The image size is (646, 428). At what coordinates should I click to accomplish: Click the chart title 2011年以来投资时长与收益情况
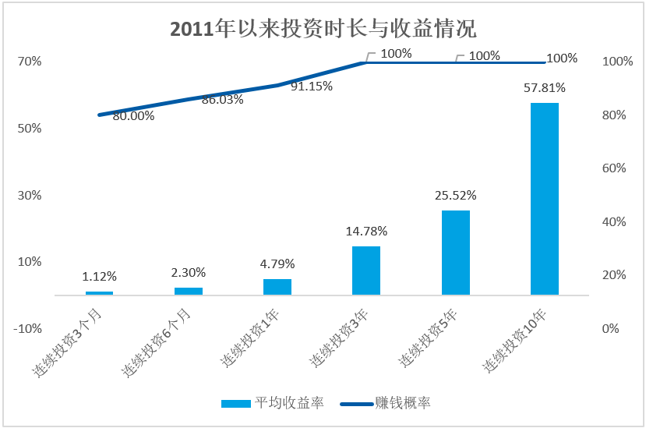323,29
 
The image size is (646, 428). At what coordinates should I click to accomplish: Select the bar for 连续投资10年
544,199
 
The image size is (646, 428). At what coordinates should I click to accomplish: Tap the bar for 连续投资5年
455,253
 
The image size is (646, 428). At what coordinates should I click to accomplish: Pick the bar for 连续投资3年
366,271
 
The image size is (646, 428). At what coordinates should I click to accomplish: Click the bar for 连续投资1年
277,286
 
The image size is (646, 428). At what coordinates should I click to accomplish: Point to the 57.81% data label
544,88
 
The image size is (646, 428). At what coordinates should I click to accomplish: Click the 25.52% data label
455,195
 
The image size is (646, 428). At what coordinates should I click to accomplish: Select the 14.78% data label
366,231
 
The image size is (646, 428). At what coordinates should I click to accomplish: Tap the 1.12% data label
99,276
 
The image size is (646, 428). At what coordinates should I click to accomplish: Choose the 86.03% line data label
222,100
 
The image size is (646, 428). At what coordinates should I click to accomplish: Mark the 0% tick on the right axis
611,329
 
